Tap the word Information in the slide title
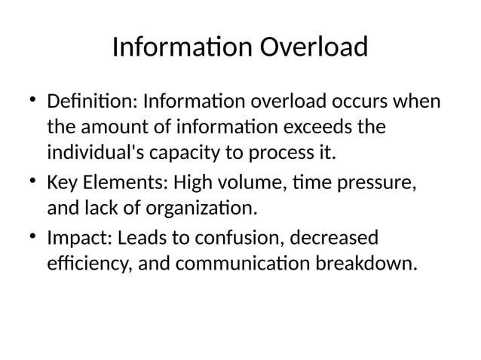click(182, 47)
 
